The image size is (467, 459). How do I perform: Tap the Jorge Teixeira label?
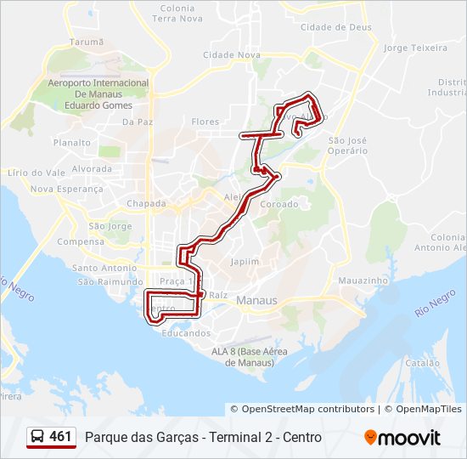[415, 48]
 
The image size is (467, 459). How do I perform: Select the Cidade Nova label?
[231, 54]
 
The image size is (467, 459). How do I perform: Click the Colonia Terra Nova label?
[177, 13]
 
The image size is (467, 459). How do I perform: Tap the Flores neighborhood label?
[205, 122]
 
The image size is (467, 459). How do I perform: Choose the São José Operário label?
[347, 144]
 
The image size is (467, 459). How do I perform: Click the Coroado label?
[279, 204]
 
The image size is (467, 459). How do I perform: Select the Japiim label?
[245, 262]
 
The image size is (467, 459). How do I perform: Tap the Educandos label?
[186, 333]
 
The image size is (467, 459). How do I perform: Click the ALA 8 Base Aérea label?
[250, 357]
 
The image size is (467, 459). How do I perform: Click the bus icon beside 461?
[37, 437]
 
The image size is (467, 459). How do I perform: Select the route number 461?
[60, 437]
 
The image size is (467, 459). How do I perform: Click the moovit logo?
[402, 438]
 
